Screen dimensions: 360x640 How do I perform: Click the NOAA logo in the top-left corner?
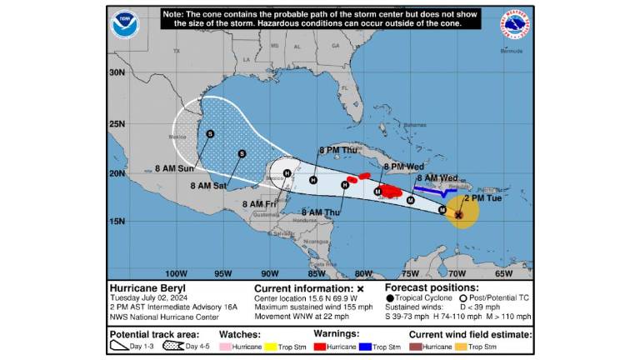[124, 22]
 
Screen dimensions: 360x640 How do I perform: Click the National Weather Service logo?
[517, 23]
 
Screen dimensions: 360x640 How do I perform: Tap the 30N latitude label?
[117, 72]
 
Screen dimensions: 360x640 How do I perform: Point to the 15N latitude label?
[117, 221]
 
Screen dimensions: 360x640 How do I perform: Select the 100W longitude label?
[176, 273]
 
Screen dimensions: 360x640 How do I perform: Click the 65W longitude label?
[503, 273]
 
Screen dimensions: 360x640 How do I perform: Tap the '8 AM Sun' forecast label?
[174, 168]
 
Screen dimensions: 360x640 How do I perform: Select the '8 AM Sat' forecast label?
[207, 186]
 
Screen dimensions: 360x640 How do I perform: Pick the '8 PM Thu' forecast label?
[336, 150]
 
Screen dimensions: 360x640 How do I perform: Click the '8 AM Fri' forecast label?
[257, 204]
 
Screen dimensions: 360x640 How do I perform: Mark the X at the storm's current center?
[458, 214]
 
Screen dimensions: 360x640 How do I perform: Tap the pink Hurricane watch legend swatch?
[225, 346]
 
